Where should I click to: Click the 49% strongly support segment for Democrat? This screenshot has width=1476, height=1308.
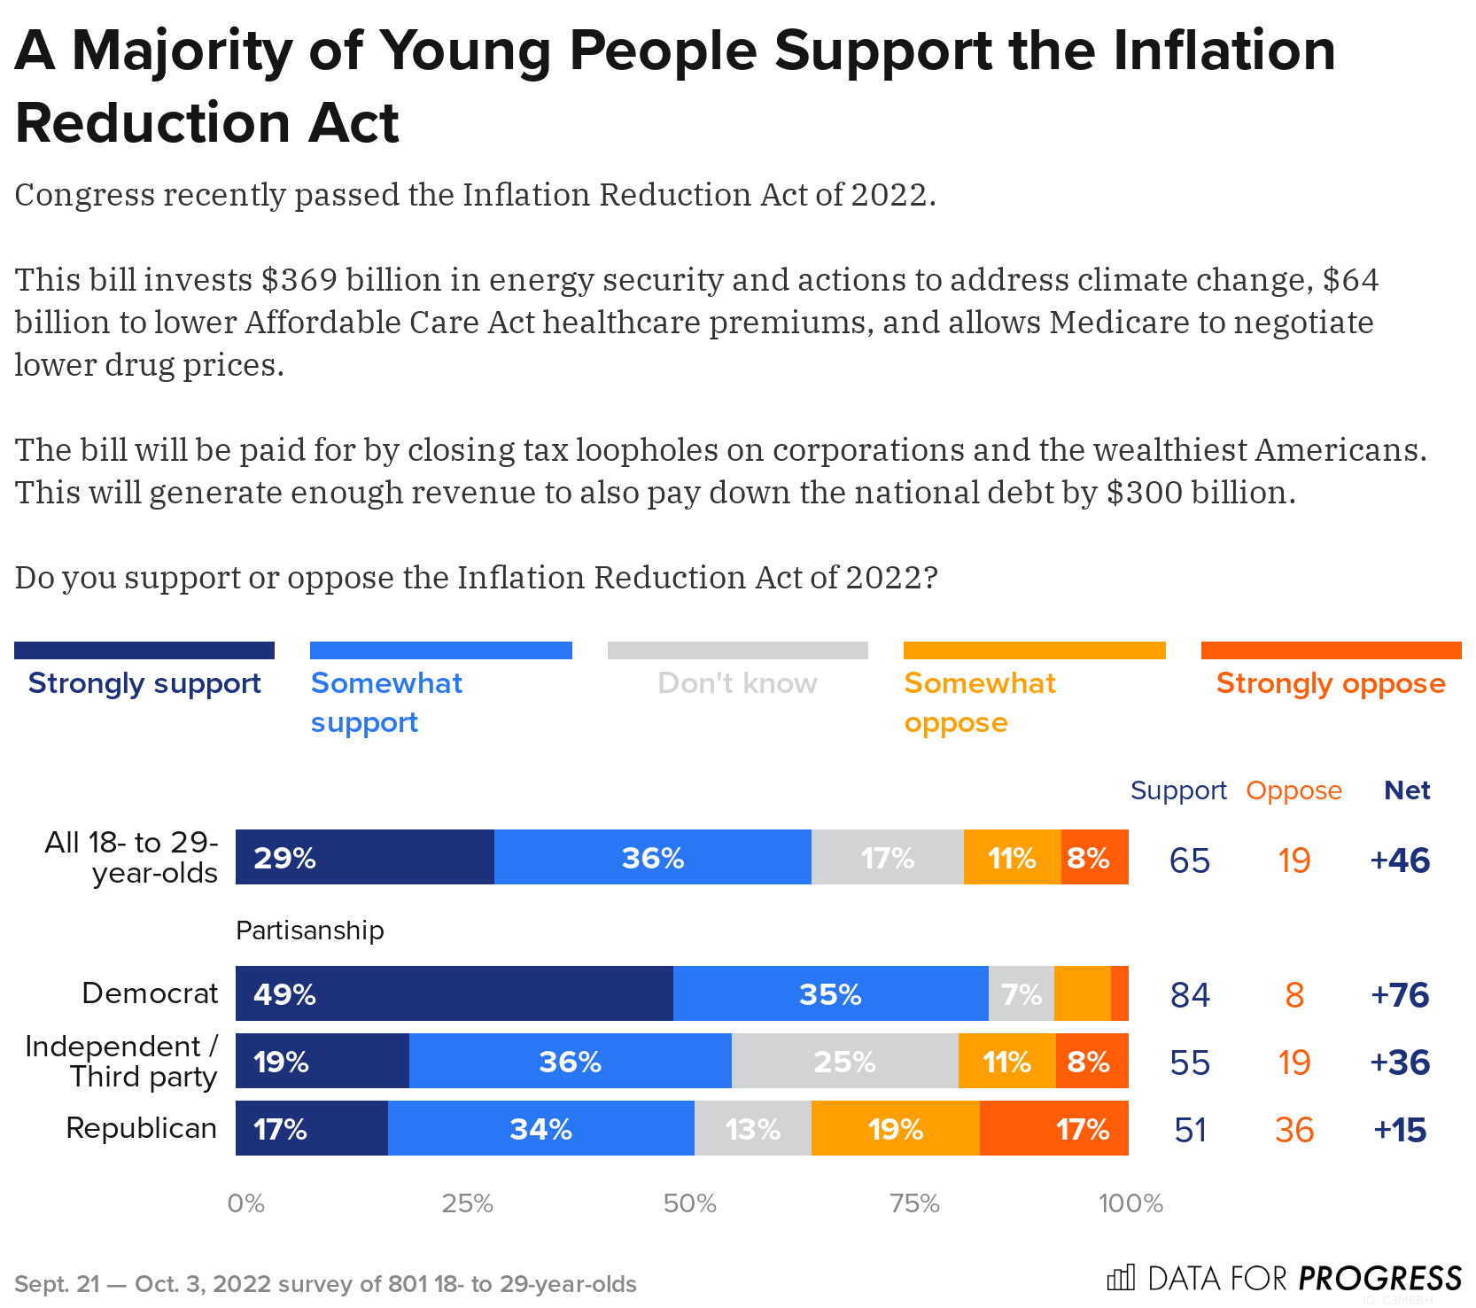point(454,993)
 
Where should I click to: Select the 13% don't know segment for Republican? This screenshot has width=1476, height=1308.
point(752,1128)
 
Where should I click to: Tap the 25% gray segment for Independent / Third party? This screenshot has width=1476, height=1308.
point(844,1061)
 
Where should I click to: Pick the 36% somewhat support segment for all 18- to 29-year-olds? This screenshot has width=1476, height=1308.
point(652,857)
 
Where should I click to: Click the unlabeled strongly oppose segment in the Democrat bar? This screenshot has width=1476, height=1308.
point(1120,993)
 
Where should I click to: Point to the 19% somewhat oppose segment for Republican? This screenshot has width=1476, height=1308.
point(895,1128)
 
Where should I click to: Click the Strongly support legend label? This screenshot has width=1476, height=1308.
point(144,683)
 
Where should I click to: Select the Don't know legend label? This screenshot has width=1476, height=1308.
point(737,683)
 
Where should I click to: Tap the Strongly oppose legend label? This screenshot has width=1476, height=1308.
point(1330,683)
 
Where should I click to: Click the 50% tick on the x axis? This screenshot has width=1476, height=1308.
point(689,1203)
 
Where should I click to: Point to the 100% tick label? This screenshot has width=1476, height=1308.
point(1130,1203)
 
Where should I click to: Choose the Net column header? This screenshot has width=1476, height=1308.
point(1407,790)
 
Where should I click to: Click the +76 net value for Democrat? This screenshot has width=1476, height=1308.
point(1400,994)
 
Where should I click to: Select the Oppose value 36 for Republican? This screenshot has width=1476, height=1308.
point(1293,1130)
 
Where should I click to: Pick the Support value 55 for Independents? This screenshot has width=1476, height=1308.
point(1189,1063)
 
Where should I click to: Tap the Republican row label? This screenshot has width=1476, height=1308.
point(142,1128)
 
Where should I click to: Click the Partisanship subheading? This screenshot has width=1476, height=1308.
point(310,930)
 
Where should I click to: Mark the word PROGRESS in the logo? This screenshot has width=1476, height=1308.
point(1379,1278)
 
